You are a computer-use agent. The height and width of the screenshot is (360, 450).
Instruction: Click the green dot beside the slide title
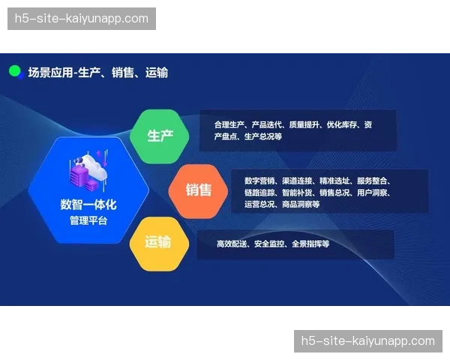pyautogui.click(x=14, y=71)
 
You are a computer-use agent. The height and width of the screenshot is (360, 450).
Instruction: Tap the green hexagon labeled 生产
pyautogui.click(x=160, y=136)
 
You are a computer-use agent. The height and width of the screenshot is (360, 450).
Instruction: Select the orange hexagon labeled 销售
pyautogui.click(x=198, y=190)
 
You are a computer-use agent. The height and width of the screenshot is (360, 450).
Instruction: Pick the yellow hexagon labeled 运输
pyautogui.click(x=157, y=242)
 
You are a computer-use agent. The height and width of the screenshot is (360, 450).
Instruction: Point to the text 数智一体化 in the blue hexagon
pyautogui.click(x=88, y=204)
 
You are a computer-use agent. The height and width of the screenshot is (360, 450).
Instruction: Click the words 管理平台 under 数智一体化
pyautogui.click(x=88, y=220)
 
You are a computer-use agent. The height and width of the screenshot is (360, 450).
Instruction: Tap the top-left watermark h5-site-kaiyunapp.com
pyautogui.click(x=81, y=19)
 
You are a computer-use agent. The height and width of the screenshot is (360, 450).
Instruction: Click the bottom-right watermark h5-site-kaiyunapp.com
pyautogui.click(x=367, y=341)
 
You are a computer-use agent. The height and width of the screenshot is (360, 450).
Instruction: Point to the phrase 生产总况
pyautogui.click(x=262, y=137)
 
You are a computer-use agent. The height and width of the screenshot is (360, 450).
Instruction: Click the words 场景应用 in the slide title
pyautogui.click(x=50, y=73)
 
